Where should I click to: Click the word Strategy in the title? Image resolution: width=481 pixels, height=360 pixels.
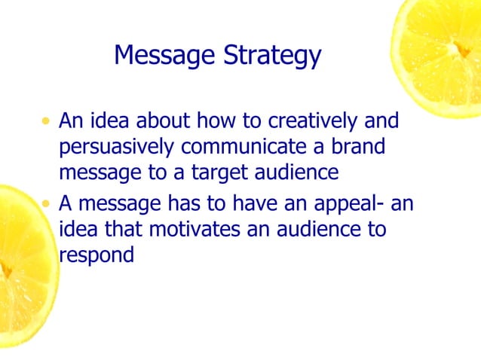[x=276, y=56]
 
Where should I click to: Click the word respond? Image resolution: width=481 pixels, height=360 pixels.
[x=97, y=256]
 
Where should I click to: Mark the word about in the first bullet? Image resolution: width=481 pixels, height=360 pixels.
[x=164, y=121]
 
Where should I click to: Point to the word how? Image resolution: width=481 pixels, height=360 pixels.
[x=217, y=121]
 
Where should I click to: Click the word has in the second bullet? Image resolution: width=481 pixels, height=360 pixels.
[x=185, y=203]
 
